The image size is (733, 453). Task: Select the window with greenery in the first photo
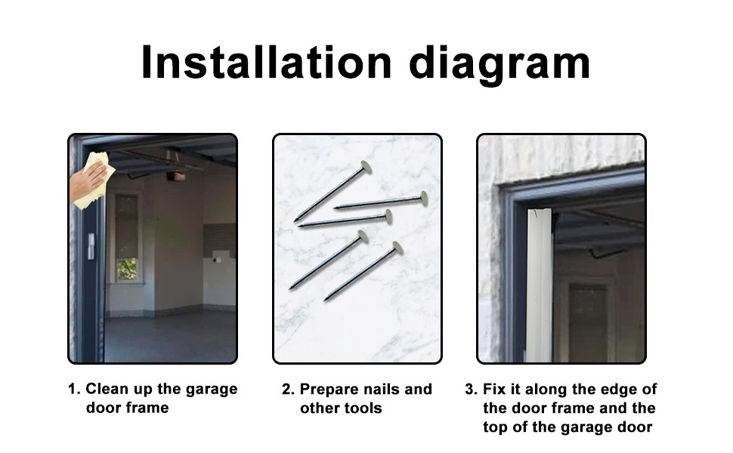pyautogui.click(x=127, y=268)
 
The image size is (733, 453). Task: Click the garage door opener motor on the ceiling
pyautogui.click(x=175, y=175)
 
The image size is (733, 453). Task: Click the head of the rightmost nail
pyautogui.click(x=424, y=199)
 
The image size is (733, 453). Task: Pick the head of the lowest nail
pyautogui.click(x=397, y=248)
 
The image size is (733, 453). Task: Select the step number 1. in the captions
pyautogui.click(x=74, y=390)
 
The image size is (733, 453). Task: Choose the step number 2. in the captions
pyautogui.click(x=288, y=390)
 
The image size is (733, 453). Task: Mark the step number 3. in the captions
pyautogui.click(x=471, y=390)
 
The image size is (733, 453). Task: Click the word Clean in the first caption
pyautogui.click(x=105, y=390)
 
